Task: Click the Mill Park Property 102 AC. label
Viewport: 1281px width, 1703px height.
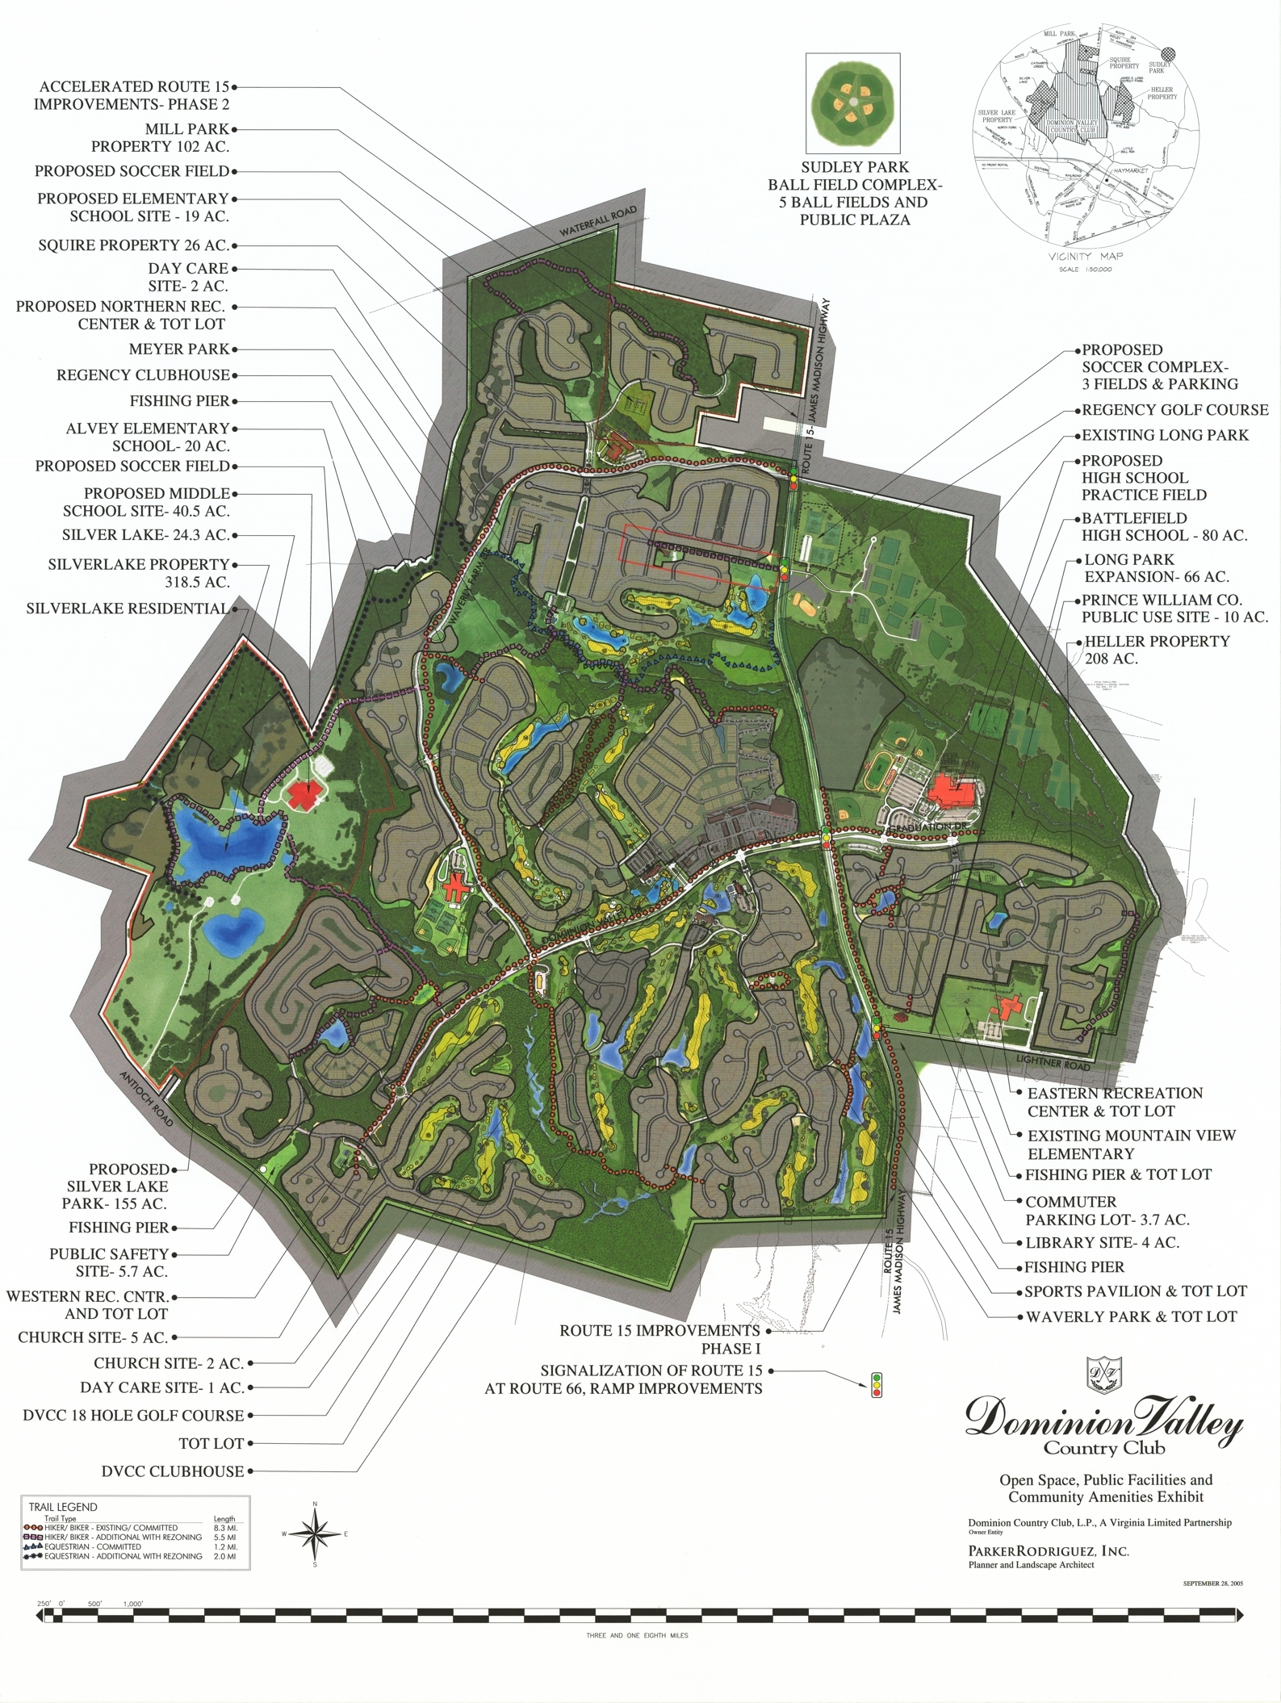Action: pyautogui.click(x=160, y=138)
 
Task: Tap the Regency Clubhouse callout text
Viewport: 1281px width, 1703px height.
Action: pyautogui.click(x=143, y=375)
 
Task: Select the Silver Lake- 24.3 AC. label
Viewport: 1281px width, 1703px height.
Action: pyautogui.click(x=146, y=535)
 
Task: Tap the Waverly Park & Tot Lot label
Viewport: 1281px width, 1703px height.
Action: pyautogui.click(x=1131, y=1316)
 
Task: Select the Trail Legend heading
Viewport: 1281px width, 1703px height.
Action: pyautogui.click(x=63, y=1507)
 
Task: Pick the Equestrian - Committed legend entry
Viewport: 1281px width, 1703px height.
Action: pyautogui.click(x=93, y=1546)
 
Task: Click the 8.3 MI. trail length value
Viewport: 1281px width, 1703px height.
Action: pyautogui.click(x=224, y=1528)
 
